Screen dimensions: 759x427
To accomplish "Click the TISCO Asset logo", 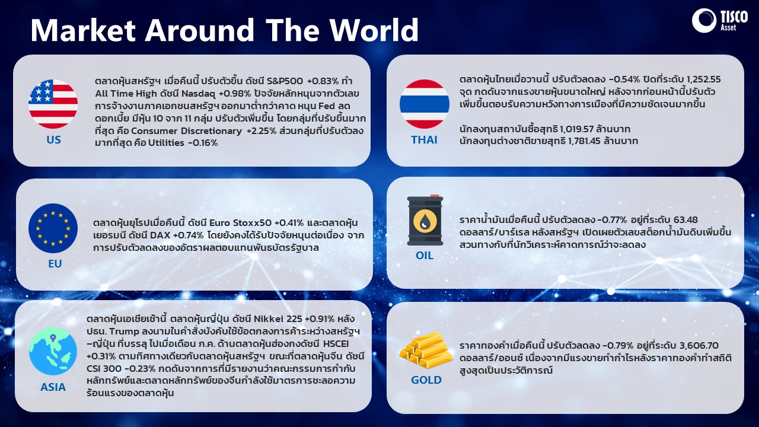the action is click(720, 21).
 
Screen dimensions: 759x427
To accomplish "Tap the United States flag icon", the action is click(53, 104).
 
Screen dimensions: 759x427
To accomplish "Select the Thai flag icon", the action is click(424, 104).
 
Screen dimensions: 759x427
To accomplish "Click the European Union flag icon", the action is click(53, 228).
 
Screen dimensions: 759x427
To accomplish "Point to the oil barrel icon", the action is click(425, 220).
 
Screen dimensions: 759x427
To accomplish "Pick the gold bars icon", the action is click(426, 350).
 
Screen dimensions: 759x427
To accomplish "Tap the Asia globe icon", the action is click(53, 351).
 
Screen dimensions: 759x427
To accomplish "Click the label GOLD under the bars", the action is click(426, 380).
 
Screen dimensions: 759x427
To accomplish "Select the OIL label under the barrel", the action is click(424, 255).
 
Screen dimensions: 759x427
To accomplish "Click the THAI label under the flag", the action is click(424, 139).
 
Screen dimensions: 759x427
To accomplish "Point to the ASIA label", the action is click(53, 387).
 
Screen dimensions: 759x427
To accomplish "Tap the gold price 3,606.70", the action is click(699, 345).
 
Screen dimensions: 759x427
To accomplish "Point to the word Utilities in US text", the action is click(167, 143).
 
